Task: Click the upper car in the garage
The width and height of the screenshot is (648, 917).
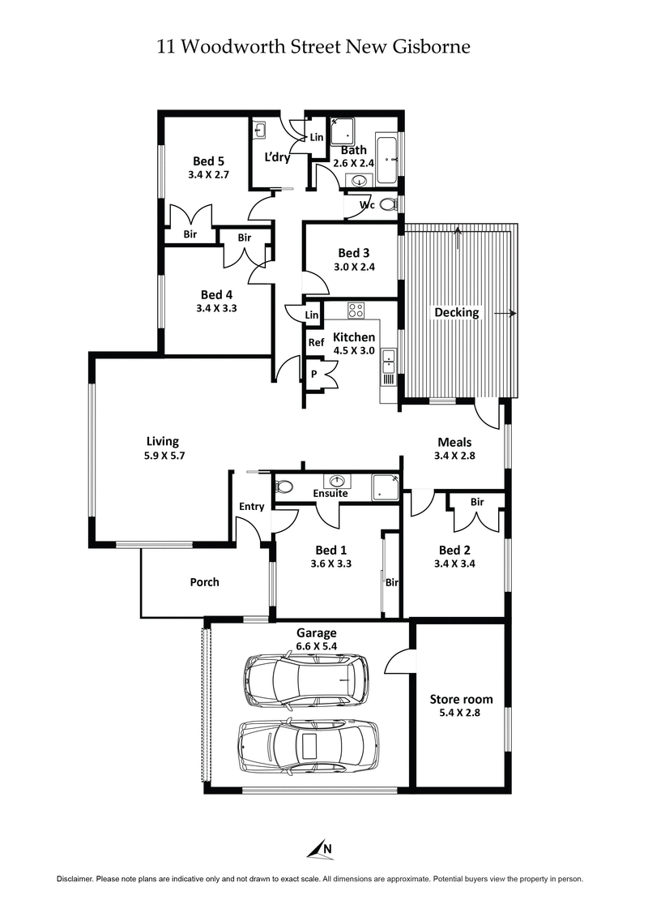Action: pos(307,679)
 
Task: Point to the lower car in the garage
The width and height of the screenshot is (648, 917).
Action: pos(308,741)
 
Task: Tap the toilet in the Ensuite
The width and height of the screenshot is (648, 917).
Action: pos(283,487)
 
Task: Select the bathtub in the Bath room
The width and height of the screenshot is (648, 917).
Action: pos(386,160)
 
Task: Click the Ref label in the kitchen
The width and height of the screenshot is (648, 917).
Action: pos(316,343)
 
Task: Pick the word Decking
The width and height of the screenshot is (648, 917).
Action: pos(456,312)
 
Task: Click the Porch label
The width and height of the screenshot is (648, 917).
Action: pos(204,582)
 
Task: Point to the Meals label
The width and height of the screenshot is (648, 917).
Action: pos(455,442)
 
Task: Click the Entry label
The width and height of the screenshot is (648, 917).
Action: pos(251,507)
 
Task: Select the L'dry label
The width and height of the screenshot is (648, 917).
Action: pos(277,157)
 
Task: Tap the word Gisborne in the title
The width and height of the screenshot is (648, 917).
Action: pos(430,47)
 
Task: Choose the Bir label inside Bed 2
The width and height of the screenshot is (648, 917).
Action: pos(476,503)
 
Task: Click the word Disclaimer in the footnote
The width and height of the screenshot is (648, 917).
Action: pos(75,879)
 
